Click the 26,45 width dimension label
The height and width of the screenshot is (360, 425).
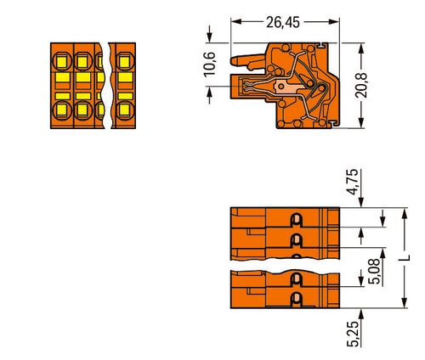click(283, 22)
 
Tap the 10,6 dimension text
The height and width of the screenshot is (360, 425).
click(210, 65)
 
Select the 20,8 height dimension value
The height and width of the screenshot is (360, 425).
click(361, 86)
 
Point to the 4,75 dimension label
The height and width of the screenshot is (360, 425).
click(353, 182)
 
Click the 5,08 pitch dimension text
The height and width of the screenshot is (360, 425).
click(376, 271)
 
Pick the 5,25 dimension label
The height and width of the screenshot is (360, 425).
click(353, 334)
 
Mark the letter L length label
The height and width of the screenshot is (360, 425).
click(405, 258)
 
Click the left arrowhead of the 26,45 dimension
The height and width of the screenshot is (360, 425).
click(236, 21)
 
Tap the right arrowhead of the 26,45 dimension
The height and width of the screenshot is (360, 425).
click(334, 21)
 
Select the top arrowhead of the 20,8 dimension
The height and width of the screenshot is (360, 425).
click(361, 48)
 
